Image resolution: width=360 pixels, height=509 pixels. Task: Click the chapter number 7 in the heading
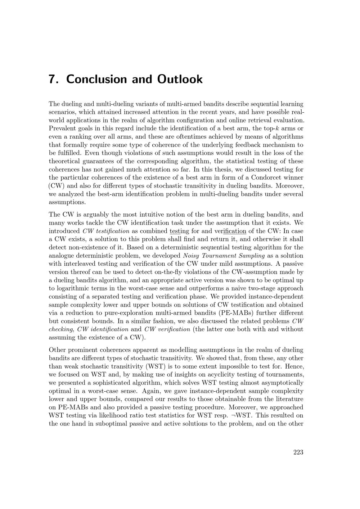[x=53, y=79]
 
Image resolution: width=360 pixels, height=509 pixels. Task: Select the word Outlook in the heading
[x=180, y=79]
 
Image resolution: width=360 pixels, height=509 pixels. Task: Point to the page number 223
[x=298, y=452]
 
